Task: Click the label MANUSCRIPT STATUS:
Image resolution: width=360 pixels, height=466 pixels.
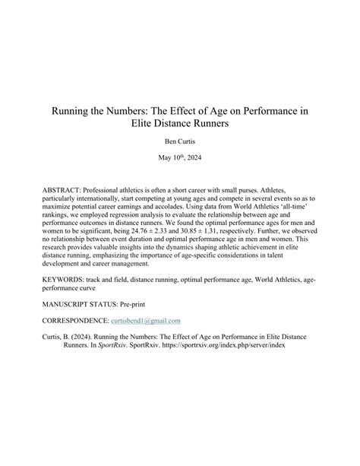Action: (x=89, y=306)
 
